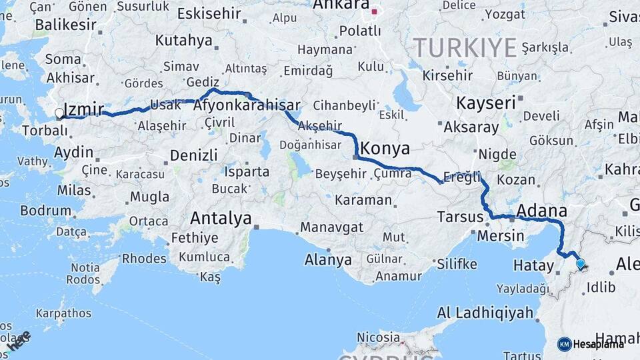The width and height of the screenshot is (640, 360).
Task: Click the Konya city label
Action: click(x=385, y=147)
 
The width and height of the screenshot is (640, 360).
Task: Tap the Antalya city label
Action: click(x=221, y=218)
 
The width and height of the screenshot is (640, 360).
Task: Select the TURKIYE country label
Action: click(x=465, y=48)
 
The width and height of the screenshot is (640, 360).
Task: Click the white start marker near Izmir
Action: click(x=59, y=114)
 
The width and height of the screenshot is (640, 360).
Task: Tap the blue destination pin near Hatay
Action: click(x=581, y=264)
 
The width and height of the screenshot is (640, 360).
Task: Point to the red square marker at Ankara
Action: click(x=375, y=11)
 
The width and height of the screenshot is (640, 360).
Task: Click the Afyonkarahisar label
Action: click(x=247, y=105)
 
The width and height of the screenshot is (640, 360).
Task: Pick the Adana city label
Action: click(x=541, y=211)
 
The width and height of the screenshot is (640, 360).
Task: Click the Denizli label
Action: click(x=194, y=155)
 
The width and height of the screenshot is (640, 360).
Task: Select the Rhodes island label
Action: click(x=144, y=258)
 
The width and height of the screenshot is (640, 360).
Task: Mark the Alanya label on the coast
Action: click(x=328, y=259)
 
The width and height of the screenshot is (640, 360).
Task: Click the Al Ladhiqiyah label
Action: click(x=485, y=312)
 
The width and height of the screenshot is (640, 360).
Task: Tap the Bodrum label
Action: click(x=45, y=211)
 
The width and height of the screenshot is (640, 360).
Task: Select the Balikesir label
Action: click(x=61, y=25)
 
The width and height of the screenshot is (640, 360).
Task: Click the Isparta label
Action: click(x=247, y=171)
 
